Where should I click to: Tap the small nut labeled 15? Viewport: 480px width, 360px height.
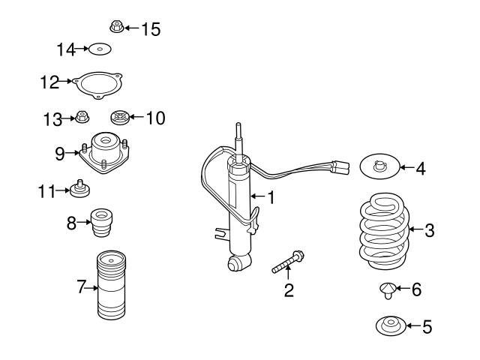(x=116, y=28)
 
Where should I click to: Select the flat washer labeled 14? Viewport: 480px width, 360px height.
(x=100, y=50)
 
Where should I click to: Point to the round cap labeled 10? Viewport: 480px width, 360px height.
(x=119, y=118)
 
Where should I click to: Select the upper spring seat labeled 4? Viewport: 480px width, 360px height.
(x=379, y=166)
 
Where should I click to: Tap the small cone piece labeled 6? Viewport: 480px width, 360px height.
(x=387, y=289)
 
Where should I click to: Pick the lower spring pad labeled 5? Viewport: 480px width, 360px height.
(x=389, y=326)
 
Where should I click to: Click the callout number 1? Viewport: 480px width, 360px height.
(x=271, y=198)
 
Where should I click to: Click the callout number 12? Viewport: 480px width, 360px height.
(x=49, y=82)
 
